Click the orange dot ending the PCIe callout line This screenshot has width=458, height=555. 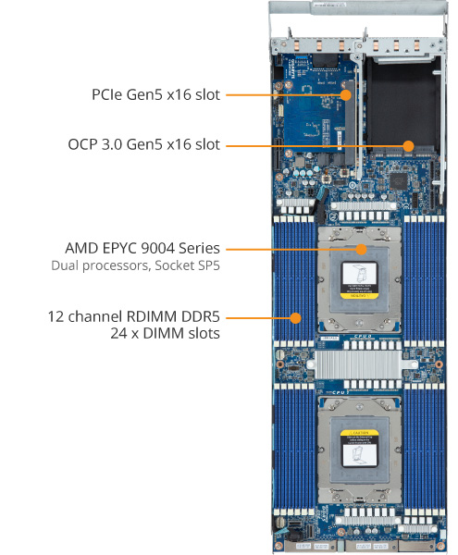(346, 94)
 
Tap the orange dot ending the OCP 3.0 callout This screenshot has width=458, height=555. (407, 145)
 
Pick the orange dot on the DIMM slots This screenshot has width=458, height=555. (295, 316)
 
